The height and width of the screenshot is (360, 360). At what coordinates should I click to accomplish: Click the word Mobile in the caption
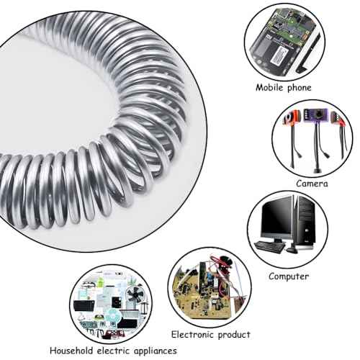pos(269,87)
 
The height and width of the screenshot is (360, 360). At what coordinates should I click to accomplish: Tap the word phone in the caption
pos(300,88)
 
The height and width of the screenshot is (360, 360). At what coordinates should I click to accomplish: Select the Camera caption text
pos(312,184)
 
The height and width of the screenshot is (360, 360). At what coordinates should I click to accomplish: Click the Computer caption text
pos(289,276)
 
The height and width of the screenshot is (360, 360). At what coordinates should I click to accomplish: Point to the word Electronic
pos(189,335)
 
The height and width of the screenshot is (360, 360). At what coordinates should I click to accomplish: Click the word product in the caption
pos(231,335)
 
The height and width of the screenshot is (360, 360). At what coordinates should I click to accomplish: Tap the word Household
pos(71,351)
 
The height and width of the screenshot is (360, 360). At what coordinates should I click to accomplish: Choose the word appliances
pos(156,351)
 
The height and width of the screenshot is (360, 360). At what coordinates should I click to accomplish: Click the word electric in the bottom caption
pos(113,351)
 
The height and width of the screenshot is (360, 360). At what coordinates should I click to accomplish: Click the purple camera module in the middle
pos(315,115)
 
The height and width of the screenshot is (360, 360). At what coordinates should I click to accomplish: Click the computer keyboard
pos(269,247)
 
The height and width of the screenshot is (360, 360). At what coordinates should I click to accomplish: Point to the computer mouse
pos(292,250)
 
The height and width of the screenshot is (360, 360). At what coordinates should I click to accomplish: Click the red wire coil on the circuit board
pos(222,263)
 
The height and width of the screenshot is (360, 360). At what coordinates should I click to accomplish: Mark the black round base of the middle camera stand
pos(318,171)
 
